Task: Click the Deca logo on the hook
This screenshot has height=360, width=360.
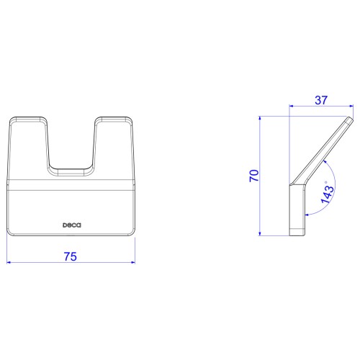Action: pyautogui.click(x=72, y=225)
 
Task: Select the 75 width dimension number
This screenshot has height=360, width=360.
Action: pyautogui.click(x=71, y=256)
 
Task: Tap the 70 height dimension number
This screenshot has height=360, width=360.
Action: pyautogui.click(x=254, y=176)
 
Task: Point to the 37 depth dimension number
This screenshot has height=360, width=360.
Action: pyautogui.click(x=321, y=100)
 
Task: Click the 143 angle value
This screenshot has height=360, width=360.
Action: pyautogui.click(x=328, y=195)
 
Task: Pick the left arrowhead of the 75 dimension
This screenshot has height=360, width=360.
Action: pyautogui.click(x=9, y=262)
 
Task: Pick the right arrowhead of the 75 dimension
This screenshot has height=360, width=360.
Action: pyautogui.click(x=132, y=262)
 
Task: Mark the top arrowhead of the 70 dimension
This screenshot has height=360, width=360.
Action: pyautogui.click(x=260, y=119)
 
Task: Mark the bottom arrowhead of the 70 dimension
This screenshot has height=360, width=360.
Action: pyautogui.click(x=260, y=233)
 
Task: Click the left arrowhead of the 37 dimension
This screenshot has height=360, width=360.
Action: pyautogui.click(x=292, y=106)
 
